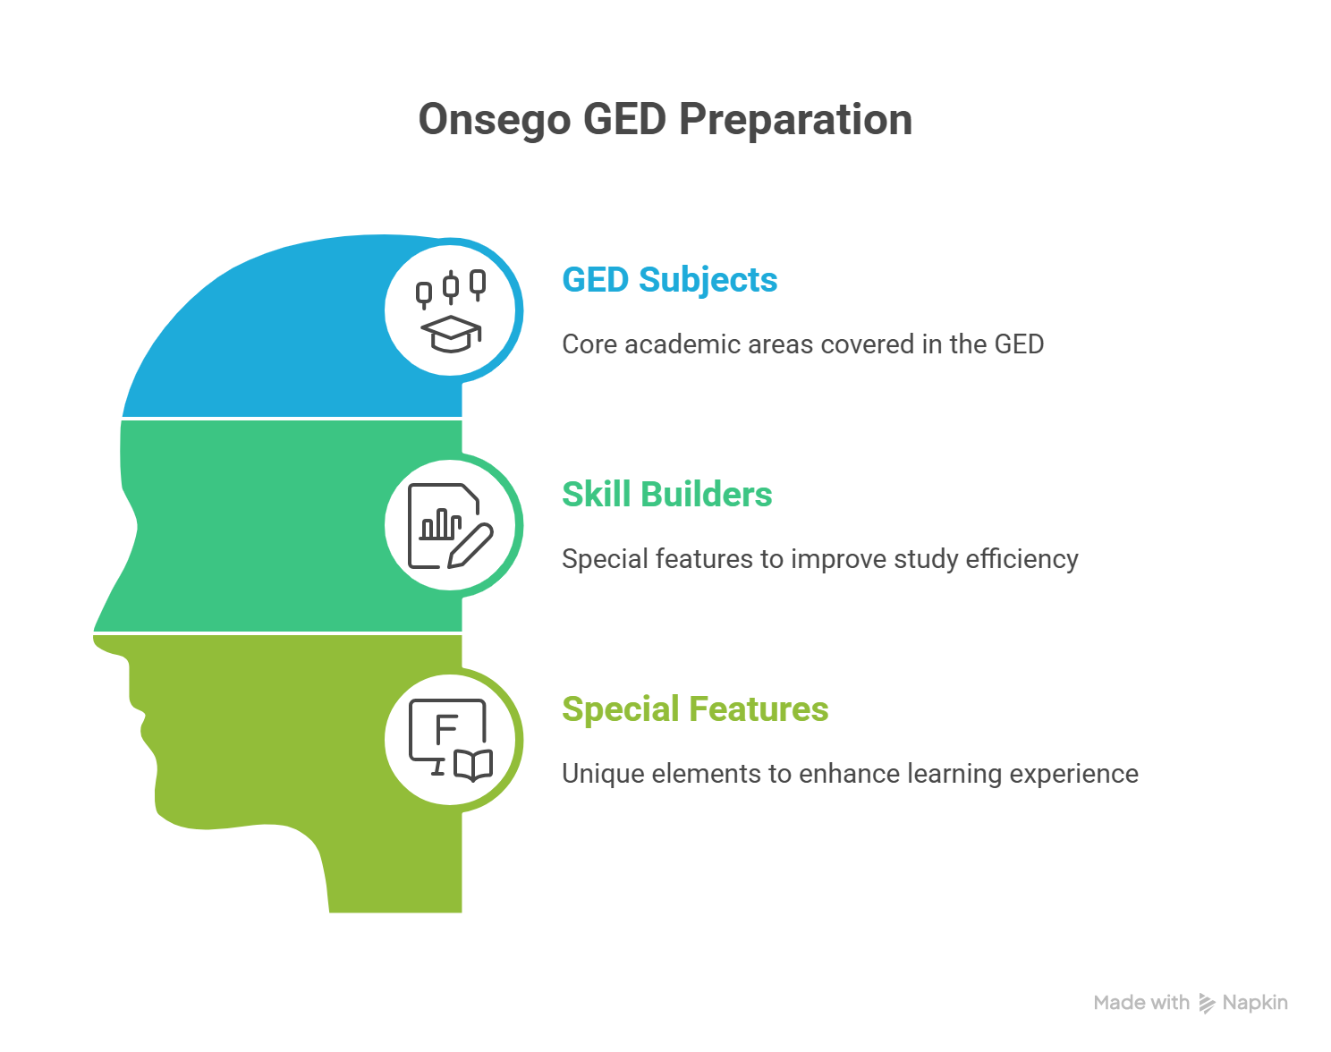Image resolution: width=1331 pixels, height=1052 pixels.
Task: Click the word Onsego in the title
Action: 494,120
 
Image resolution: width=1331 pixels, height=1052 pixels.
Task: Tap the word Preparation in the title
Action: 795,120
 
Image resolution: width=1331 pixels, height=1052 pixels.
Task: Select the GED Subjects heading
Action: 669,279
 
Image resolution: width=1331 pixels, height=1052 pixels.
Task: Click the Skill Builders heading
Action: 666,494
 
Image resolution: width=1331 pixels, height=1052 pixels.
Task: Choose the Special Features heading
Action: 695,708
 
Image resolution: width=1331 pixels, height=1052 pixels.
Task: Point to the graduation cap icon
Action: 451,334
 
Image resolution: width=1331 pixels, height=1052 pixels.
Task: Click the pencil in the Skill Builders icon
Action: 471,546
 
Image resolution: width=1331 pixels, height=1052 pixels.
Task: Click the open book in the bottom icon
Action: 473,766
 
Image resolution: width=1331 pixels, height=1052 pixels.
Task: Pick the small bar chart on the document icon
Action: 441,524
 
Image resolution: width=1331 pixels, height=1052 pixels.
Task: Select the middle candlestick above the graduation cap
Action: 451,287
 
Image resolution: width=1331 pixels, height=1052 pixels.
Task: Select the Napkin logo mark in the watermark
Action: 1206,1003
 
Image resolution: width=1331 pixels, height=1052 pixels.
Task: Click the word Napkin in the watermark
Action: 1255,1003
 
